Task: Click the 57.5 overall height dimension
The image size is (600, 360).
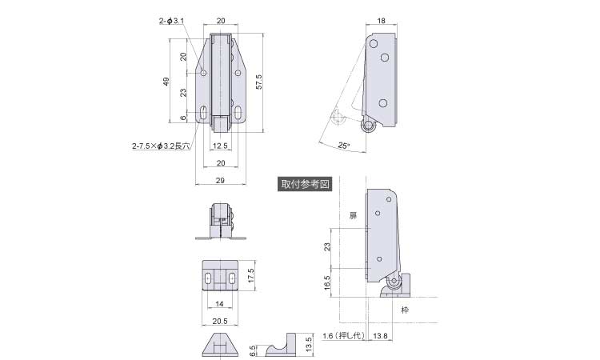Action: coord(259,82)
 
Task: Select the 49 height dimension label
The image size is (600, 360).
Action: coord(166,82)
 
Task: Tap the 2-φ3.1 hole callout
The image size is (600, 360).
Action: coord(171,21)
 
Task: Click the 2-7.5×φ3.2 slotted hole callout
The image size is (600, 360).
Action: coord(161,146)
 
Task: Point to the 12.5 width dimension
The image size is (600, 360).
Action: coord(220,146)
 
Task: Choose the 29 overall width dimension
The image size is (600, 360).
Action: coord(220,180)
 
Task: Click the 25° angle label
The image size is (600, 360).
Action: coord(344,146)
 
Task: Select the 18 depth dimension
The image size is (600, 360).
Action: coord(381,21)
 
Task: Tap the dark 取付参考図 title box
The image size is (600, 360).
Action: coord(305,184)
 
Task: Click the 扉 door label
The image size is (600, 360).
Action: coord(353,215)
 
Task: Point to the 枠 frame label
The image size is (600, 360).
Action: coord(405,310)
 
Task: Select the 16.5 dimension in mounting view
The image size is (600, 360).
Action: coord(327,282)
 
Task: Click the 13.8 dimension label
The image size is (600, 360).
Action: coord(380,336)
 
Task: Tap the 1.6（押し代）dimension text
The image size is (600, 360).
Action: coord(344,336)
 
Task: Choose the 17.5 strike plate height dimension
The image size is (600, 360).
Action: coord(250,276)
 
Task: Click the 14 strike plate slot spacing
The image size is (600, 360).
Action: coord(219,304)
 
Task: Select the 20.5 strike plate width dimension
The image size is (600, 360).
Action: coord(220,322)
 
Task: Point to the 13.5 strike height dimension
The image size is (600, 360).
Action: coord(309,344)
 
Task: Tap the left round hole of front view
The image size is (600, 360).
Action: coord(203,73)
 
